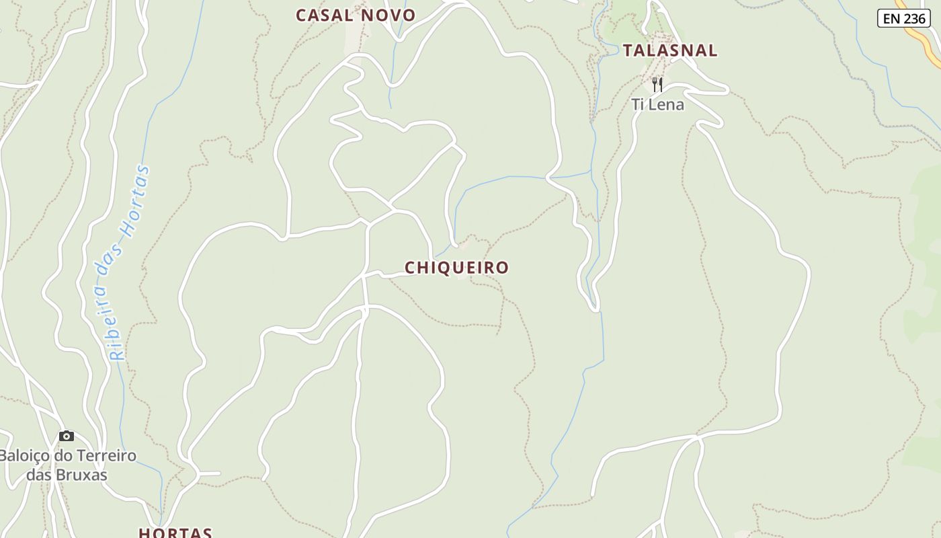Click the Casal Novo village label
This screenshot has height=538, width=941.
point(356,15)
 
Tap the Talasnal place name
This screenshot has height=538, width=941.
point(670,50)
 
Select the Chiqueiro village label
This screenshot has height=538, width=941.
point(457,268)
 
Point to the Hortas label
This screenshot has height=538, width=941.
point(175,533)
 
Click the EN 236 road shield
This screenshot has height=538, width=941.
point(903,18)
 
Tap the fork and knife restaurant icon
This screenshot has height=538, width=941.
point(657,85)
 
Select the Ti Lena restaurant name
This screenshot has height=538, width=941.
point(657,105)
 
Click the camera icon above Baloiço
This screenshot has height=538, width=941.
point(67,436)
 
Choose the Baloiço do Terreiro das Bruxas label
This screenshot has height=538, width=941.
point(67,465)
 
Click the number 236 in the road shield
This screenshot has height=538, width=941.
point(914,18)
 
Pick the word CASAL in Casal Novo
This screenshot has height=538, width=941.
point(325,15)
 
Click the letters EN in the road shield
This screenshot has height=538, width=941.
point(891,18)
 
